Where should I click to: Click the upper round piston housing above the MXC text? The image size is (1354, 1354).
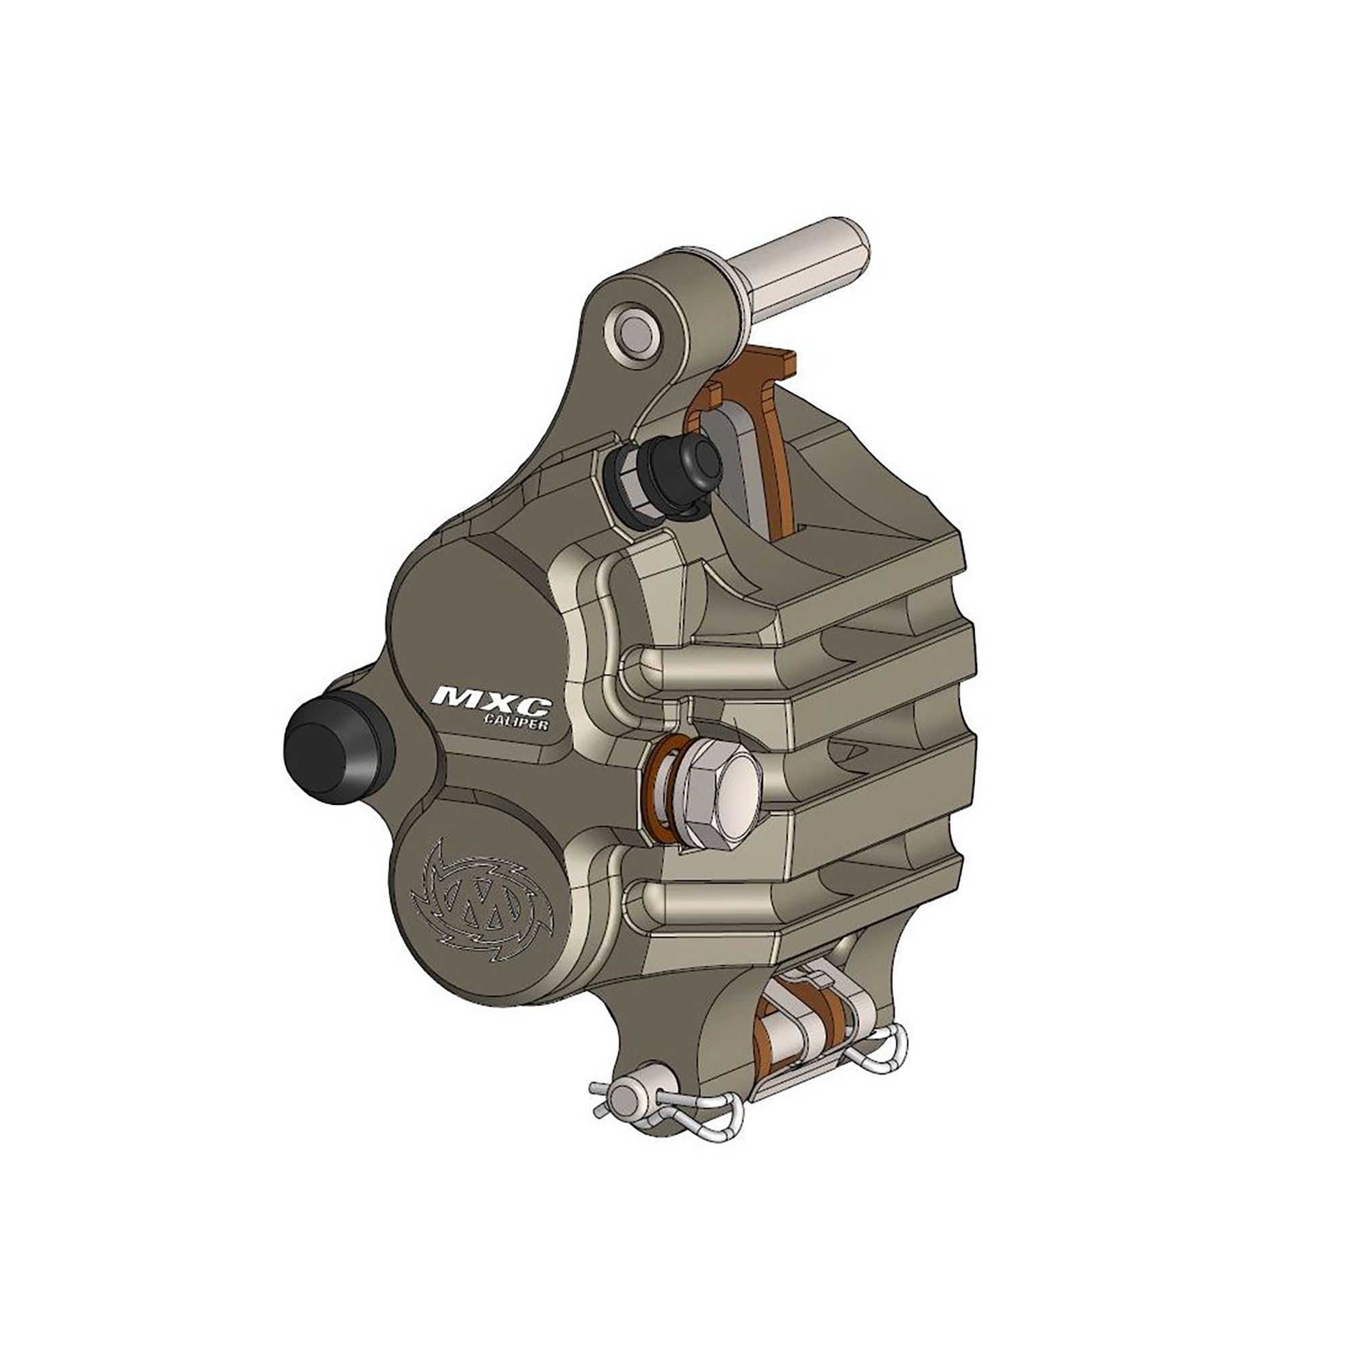point(470,617)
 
